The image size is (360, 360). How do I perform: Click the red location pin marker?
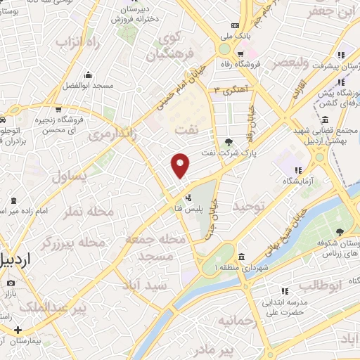pos(181,165)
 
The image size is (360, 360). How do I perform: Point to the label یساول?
pos(70,176)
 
